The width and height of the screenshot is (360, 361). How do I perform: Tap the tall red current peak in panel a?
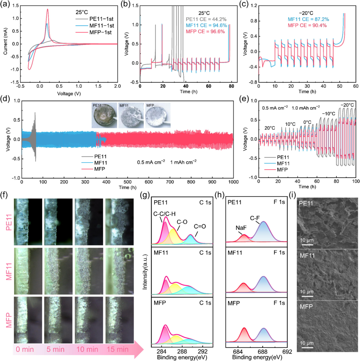pos(47,10)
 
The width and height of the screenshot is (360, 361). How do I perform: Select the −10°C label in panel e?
pos(329,114)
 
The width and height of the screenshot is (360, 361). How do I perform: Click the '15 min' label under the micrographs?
pos(117,350)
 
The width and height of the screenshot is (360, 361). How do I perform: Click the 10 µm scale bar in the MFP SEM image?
pos(307,347)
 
